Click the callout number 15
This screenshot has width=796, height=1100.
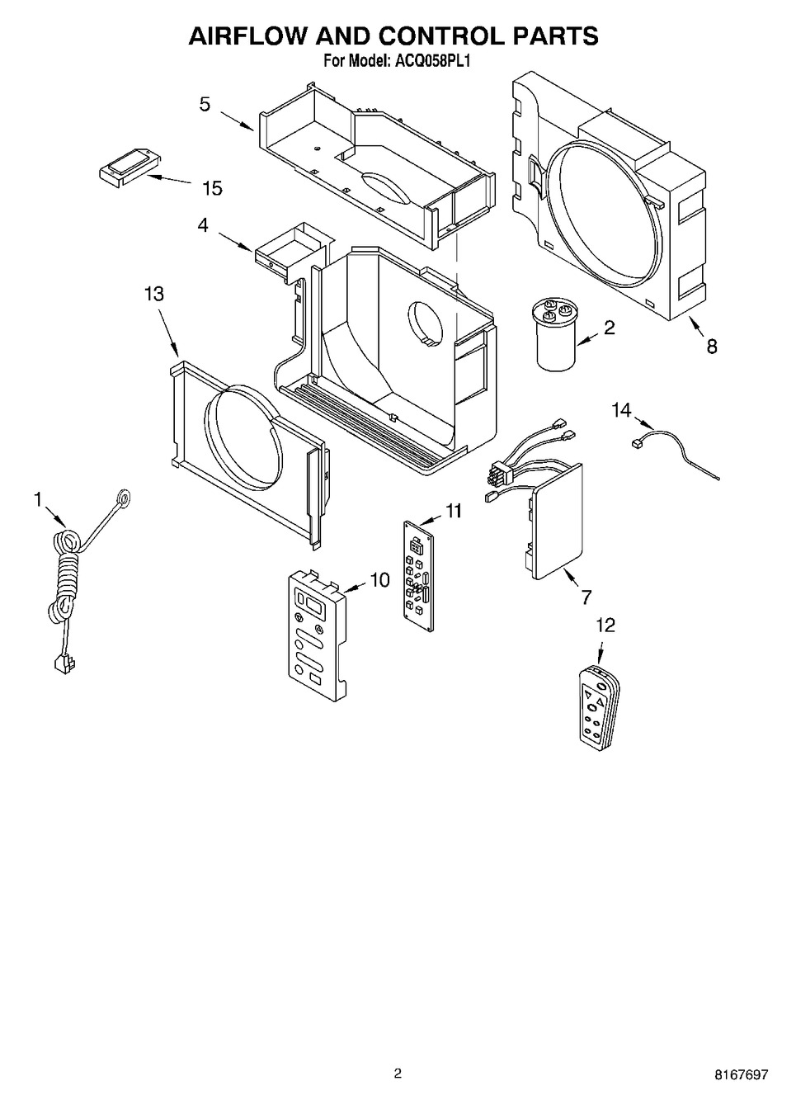pos(213,188)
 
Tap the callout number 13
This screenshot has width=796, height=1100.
pos(153,294)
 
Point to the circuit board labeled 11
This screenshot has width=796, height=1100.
pos(418,576)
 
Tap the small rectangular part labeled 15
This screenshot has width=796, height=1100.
pos(130,168)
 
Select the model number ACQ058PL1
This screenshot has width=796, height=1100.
pos(431,61)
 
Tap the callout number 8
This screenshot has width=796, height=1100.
pos(712,347)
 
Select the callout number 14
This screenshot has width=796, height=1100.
pos(621,410)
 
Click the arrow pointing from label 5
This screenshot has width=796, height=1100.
pos(237,120)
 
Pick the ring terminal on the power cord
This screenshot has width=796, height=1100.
pos(124,498)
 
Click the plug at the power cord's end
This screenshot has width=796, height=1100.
pos(65,664)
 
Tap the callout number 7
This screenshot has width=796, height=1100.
pos(586,597)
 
